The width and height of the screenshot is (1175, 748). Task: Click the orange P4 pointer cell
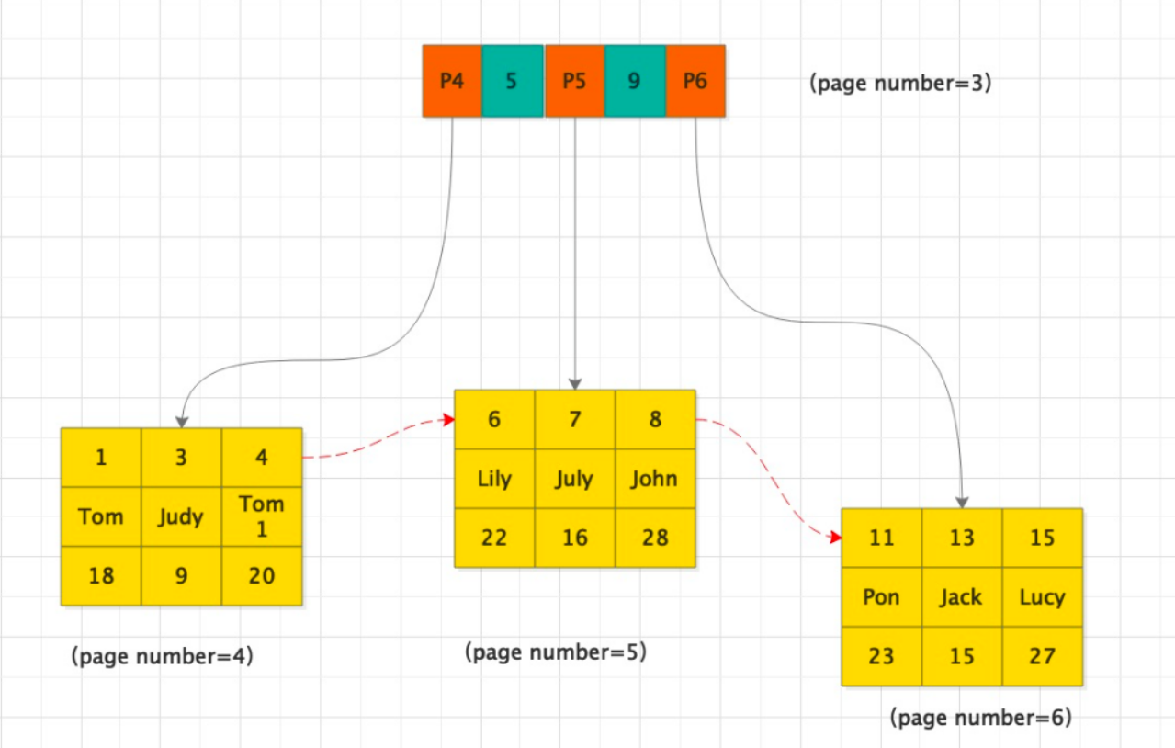[x=452, y=81]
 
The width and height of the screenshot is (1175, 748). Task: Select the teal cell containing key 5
[x=512, y=81]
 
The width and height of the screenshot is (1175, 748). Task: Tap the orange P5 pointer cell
[x=574, y=81]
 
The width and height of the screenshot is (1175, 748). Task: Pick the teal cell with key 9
[x=634, y=81]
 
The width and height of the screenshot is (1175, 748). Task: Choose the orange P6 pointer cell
[x=695, y=81]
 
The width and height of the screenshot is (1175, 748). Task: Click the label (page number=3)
[x=900, y=83]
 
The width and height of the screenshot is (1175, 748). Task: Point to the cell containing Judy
[x=181, y=516]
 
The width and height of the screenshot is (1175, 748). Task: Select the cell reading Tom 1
[x=262, y=516]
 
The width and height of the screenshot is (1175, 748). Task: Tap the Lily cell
[x=494, y=479]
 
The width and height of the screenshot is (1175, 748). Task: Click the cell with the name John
[x=655, y=479]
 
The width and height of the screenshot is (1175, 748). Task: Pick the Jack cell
[x=962, y=597]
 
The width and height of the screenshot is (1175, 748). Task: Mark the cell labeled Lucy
[x=1042, y=597]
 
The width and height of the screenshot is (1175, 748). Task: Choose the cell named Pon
[x=882, y=597]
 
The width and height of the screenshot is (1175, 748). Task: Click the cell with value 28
[x=655, y=538]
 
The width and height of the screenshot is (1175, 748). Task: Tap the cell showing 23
[x=882, y=656]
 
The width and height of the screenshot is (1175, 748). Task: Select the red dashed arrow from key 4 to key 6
[x=377, y=438]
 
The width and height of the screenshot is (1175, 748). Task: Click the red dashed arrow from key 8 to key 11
[x=772, y=478]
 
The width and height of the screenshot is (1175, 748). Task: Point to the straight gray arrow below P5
[x=574, y=257]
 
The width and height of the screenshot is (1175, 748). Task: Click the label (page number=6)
[x=981, y=718]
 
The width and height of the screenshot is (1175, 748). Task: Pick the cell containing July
[x=575, y=479]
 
